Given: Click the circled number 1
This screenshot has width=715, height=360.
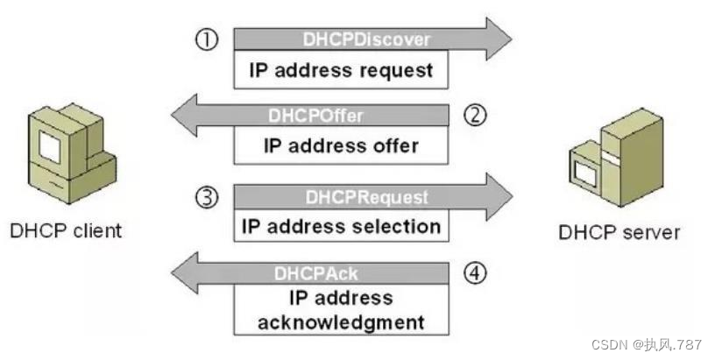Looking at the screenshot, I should [206, 39].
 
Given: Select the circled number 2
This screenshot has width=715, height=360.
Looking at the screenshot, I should [474, 116].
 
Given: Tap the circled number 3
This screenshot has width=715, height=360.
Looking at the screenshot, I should [206, 198].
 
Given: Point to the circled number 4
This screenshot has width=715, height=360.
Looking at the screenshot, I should [474, 273].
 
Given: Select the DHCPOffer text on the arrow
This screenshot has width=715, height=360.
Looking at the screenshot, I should [315, 116].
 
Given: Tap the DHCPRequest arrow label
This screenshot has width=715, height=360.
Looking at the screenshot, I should [366, 198].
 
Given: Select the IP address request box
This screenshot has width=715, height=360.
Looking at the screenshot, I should [341, 70].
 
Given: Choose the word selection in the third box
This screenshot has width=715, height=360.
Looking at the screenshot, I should [393, 226].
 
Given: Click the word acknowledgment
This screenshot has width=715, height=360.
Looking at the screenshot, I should [341, 321].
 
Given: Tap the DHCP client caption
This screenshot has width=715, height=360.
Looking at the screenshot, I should [66, 231].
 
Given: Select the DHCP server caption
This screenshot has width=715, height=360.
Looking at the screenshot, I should [619, 232].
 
